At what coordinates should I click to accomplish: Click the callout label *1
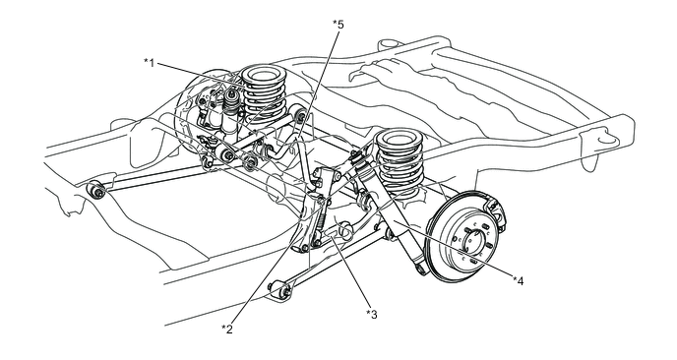point(149,63)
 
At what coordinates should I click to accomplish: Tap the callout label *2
point(227,329)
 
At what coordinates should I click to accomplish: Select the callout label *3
point(371,314)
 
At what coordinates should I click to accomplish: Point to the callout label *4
point(519,281)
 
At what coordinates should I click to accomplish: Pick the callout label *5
point(338,25)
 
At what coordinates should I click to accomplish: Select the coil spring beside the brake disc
point(400,163)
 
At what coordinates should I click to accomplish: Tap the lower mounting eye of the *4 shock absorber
point(421,269)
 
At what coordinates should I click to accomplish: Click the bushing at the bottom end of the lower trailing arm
point(281,290)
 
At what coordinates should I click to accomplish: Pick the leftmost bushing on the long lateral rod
point(95,191)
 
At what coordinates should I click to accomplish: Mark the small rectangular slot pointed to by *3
point(332,233)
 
